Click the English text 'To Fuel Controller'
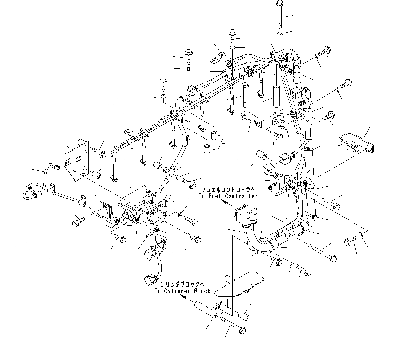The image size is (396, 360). pos(228,196)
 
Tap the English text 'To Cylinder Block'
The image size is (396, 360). pos(182,291)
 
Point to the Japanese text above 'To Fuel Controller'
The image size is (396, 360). pos(228,190)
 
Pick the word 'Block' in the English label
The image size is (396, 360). pos(202,291)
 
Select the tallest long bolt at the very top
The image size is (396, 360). pos(280,15)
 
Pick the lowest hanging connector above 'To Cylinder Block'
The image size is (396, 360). pos(149,280)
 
